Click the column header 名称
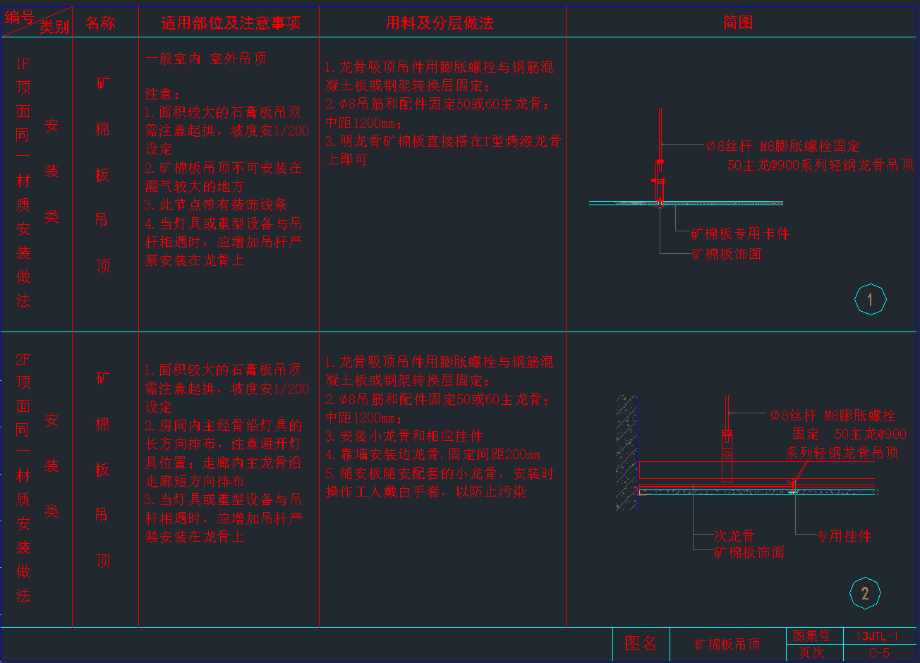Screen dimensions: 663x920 click(100, 23)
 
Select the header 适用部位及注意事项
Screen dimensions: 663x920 click(231, 23)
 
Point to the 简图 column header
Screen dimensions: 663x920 click(738, 23)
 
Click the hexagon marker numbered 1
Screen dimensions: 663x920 click(870, 300)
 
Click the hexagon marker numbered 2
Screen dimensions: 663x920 click(865, 593)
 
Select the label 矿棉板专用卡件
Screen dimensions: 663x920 click(739, 233)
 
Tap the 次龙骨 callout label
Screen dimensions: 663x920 click(734, 537)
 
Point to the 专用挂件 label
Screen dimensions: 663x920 click(843, 536)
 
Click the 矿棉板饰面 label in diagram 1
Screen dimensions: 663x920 click(727, 254)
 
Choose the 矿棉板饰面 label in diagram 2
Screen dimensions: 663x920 click(749, 552)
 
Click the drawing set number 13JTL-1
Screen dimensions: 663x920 click(878, 635)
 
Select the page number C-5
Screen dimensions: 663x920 click(879, 653)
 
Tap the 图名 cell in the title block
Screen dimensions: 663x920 click(641, 643)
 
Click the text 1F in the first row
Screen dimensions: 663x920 click(23, 63)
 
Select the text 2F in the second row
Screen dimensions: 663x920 click(23, 359)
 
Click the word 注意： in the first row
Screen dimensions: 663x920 click(163, 94)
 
